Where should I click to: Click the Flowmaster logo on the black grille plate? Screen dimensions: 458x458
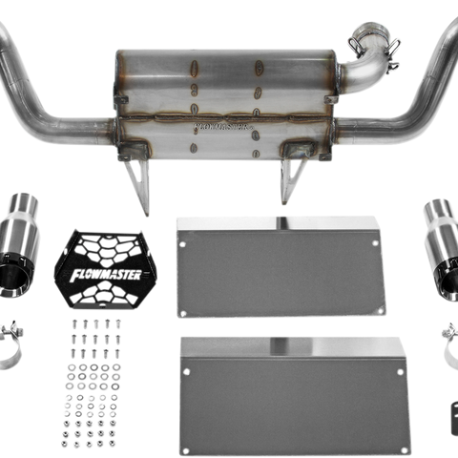pyautogui.click(x=106, y=273)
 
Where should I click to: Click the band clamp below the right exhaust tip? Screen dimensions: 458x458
pyautogui.click(x=448, y=334)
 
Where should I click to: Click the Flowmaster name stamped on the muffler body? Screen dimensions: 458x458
pyautogui.click(x=219, y=122)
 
